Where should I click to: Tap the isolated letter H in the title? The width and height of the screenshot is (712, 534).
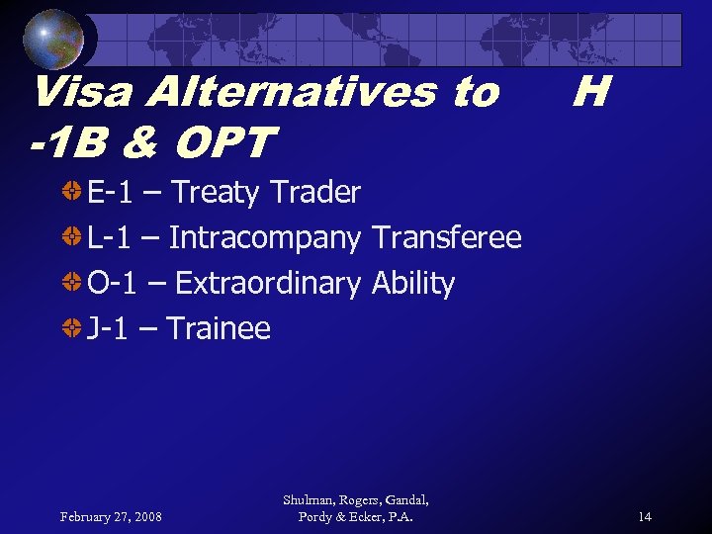(589, 93)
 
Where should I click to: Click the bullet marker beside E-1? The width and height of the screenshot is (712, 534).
(72, 192)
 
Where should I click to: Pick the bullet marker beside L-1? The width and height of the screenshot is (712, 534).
(72, 237)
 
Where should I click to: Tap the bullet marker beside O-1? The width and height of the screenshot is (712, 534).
(72, 283)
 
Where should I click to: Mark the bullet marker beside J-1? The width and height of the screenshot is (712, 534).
(72, 328)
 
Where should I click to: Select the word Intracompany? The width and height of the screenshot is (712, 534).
(265, 238)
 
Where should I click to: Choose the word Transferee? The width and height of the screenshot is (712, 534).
(447, 238)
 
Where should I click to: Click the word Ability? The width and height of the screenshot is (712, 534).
(413, 284)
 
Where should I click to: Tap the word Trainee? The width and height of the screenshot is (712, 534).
(218, 328)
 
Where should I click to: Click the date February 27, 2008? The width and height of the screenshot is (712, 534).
(111, 516)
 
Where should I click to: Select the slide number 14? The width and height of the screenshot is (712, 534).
(644, 516)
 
